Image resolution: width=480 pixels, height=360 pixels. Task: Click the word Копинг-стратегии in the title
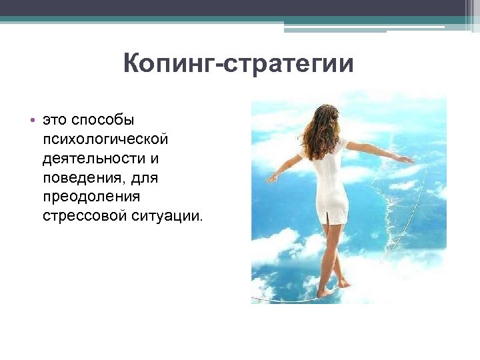coord(238,65)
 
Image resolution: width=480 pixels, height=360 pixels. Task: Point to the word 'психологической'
coord(105,140)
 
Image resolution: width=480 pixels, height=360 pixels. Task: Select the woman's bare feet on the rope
coord(333,288)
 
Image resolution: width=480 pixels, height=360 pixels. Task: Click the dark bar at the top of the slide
coord(240,8)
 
